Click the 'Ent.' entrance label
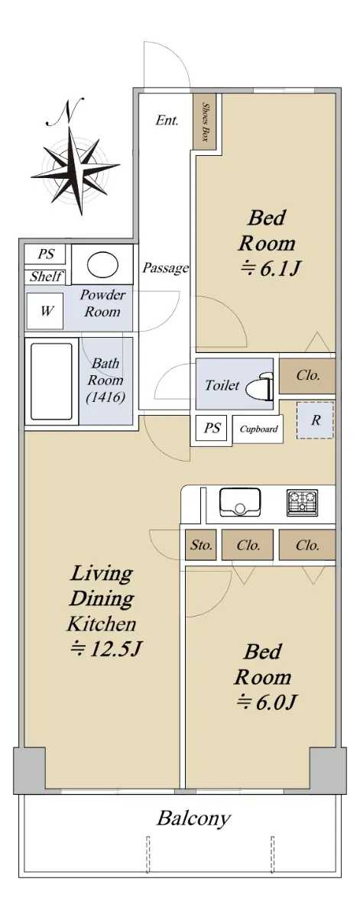pyautogui.click(x=167, y=121)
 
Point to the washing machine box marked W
pyautogui.click(x=45, y=311)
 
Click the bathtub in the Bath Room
pyautogui.click(x=52, y=381)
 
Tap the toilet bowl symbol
pyautogui.click(x=260, y=385)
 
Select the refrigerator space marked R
pyautogui.click(x=315, y=420)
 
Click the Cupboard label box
pyautogui.click(x=258, y=429)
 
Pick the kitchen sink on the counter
pyautogui.click(x=240, y=501)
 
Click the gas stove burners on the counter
pyautogui.click(x=302, y=502)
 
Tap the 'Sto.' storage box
pyautogui.click(x=201, y=545)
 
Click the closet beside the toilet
pyautogui.click(x=307, y=376)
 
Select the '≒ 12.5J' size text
pyautogui.click(x=105, y=649)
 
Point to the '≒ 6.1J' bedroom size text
pyautogui.click(x=271, y=268)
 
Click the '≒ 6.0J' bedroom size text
pyautogui.click(x=266, y=702)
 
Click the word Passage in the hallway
pyautogui.click(x=165, y=268)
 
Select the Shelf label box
pyautogui.click(x=45, y=277)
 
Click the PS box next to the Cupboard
pyautogui.click(x=211, y=428)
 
